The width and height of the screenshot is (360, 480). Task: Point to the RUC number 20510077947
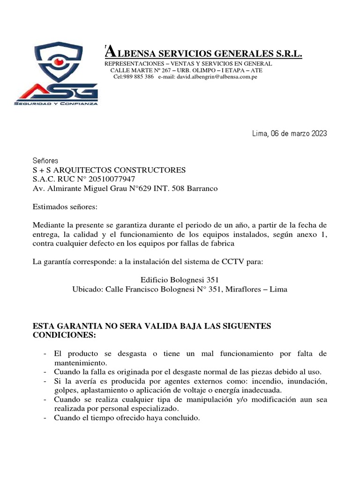[113, 179]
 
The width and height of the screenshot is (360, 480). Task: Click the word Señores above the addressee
[45, 160]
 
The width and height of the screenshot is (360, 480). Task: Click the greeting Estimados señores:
[65, 207]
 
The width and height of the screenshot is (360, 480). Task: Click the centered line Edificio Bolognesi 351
[180, 280]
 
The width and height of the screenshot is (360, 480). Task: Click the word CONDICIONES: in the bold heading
[64, 335]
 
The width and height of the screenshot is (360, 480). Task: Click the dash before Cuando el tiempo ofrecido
[44, 418]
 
